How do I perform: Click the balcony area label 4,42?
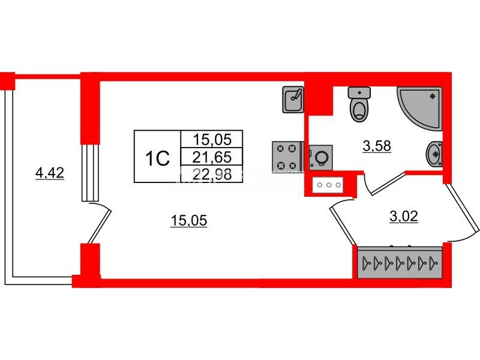point(50,174)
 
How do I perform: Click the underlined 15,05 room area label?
point(188,221)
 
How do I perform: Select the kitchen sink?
point(293,99)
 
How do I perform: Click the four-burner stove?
point(286,156)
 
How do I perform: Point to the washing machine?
point(320,157)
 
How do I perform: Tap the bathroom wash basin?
point(434,155)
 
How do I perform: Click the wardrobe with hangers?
point(400,262)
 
